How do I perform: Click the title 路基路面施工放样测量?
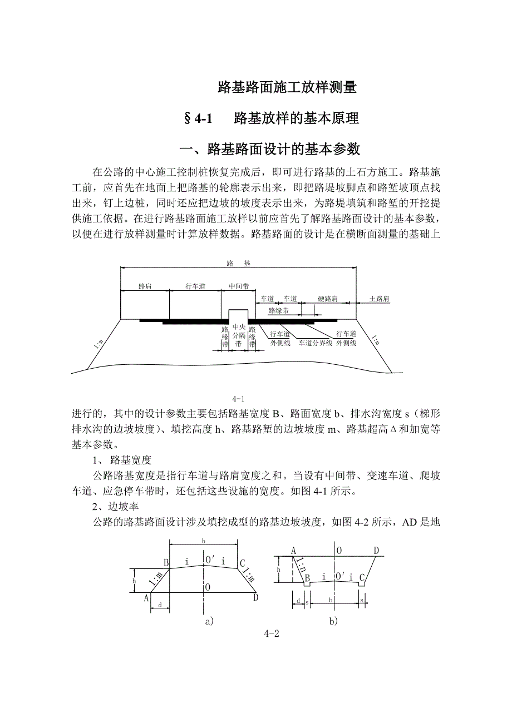[287, 87]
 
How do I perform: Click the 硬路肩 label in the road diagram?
[327, 299]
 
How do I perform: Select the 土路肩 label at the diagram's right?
[380, 299]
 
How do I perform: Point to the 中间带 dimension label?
[239, 286]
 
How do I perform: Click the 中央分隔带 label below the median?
[239, 336]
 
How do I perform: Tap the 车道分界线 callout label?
[316, 343]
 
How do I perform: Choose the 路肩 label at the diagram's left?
[145, 286]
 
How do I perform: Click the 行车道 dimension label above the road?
[195, 286]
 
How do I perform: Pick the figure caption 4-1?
[239, 398]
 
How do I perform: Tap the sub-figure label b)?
[332, 621]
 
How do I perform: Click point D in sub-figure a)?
[255, 597]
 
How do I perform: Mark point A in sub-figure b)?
[293, 551]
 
